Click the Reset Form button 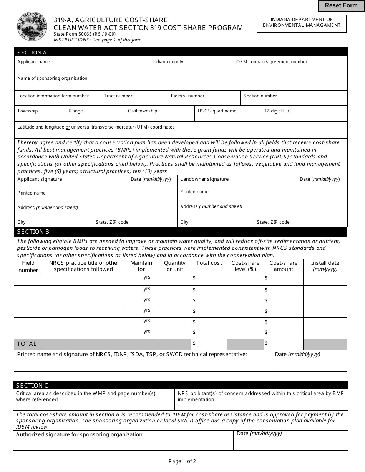(x=341, y=5)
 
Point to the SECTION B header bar (x=181, y=232)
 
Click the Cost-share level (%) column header (x=245, y=266)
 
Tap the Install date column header (x=325, y=266)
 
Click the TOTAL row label (x=28, y=344)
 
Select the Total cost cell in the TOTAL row (x=209, y=344)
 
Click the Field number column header (x=28, y=266)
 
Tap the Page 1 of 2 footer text (x=182, y=461)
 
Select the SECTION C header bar (x=181, y=385)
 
